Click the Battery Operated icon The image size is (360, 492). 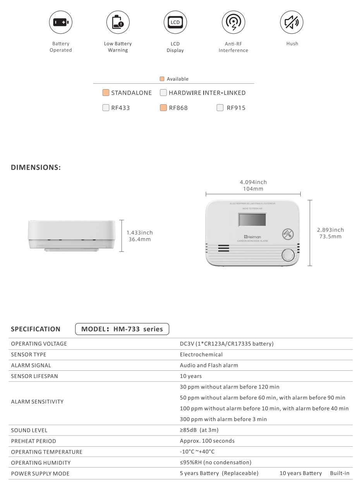pos(60,22)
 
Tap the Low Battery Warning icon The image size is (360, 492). pos(118,22)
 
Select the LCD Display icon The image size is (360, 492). pos(175,22)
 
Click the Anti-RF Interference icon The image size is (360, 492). pos(233,22)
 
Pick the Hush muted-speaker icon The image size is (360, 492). pos(292,22)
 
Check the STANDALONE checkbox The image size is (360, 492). pos(106,93)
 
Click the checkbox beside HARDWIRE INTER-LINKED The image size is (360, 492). pos(163,93)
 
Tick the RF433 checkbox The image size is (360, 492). pos(106,108)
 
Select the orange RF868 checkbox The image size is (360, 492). pos(163,108)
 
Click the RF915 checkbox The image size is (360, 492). pos(220,108)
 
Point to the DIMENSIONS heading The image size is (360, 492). pos(36,168)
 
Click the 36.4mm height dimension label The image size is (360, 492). pos(139,239)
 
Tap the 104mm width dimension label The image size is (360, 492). pos(253,189)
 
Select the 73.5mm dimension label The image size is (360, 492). pos(330,236)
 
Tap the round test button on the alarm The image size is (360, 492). pos(288,256)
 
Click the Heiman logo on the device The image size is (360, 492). pos(252,236)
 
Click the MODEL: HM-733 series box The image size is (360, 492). pos(122,329)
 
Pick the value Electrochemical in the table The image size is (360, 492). pos(201,354)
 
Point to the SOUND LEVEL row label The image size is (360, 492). pos(29,430)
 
